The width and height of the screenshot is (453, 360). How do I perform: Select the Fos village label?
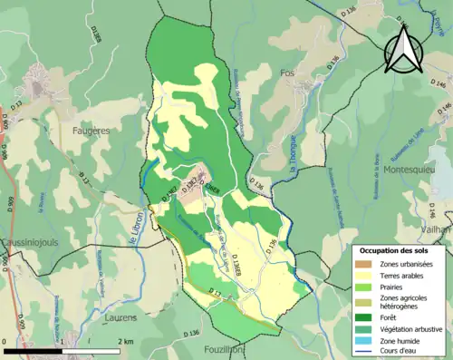pyautogui.click(x=288, y=73)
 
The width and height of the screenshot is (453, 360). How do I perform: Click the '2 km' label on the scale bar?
pyautogui.click(x=126, y=341)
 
